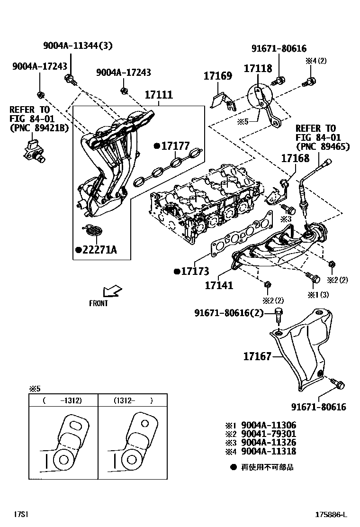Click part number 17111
click(x=158, y=95)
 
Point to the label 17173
click(x=194, y=272)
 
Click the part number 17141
click(x=219, y=285)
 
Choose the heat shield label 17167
click(x=257, y=356)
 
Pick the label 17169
click(x=218, y=76)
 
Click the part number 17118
click(x=258, y=69)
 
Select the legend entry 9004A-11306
click(x=269, y=426)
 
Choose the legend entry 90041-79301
click(x=269, y=434)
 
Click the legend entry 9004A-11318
click(x=269, y=451)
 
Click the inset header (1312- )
click(x=133, y=400)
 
